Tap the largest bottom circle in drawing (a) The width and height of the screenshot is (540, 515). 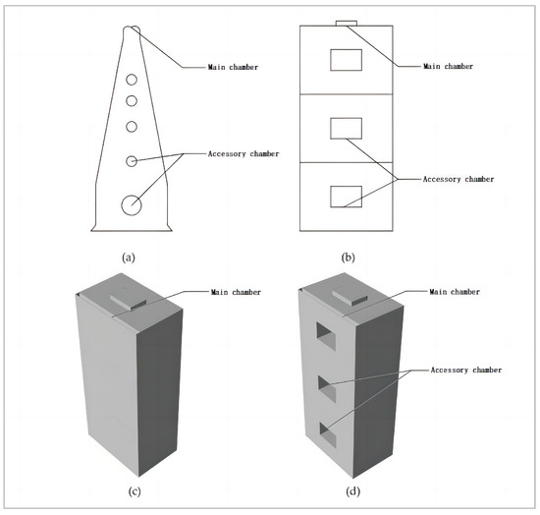pyautogui.click(x=131, y=204)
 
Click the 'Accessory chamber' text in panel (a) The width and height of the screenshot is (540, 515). pyautogui.click(x=244, y=155)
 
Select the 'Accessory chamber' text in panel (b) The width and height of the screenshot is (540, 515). pyautogui.click(x=458, y=179)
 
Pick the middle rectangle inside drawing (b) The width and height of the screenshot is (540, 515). pyautogui.click(x=346, y=128)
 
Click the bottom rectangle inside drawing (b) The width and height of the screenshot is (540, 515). pyautogui.click(x=346, y=196)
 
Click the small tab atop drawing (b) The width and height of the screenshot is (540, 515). pyautogui.click(x=346, y=22)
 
